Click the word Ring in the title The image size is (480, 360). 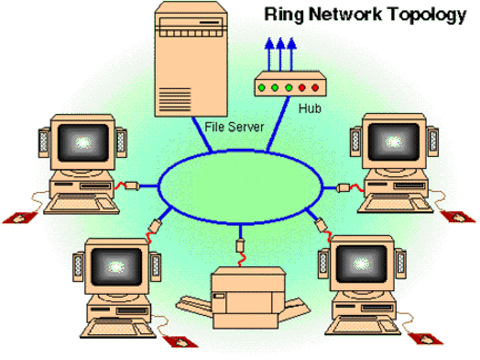click(x=284, y=15)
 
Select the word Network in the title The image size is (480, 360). click(x=345, y=14)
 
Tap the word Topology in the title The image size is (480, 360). click(x=427, y=15)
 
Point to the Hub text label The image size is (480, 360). click(x=310, y=108)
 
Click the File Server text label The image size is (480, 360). click(x=234, y=127)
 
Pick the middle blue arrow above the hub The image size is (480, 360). click(x=280, y=54)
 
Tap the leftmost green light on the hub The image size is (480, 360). click(x=262, y=88)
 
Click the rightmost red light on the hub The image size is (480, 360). click(x=315, y=88)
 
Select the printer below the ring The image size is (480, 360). click(x=243, y=298)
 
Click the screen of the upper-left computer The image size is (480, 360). click(x=83, y=143)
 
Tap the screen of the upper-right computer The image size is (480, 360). click(x=394, y=142)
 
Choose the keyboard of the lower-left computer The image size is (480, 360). click(x=118, y=328)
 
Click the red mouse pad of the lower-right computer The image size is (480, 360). click(x=426, y=339)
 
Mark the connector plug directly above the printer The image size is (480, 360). click(x=240, y=245)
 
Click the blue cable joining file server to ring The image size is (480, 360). click(x=202, y=134)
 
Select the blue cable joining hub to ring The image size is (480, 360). click(x=278, y=124)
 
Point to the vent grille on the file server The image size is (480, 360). click(x=175, y=100)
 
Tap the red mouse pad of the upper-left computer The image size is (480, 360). click(x=20, y=218)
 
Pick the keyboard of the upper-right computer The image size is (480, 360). click(x=395, y=204)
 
